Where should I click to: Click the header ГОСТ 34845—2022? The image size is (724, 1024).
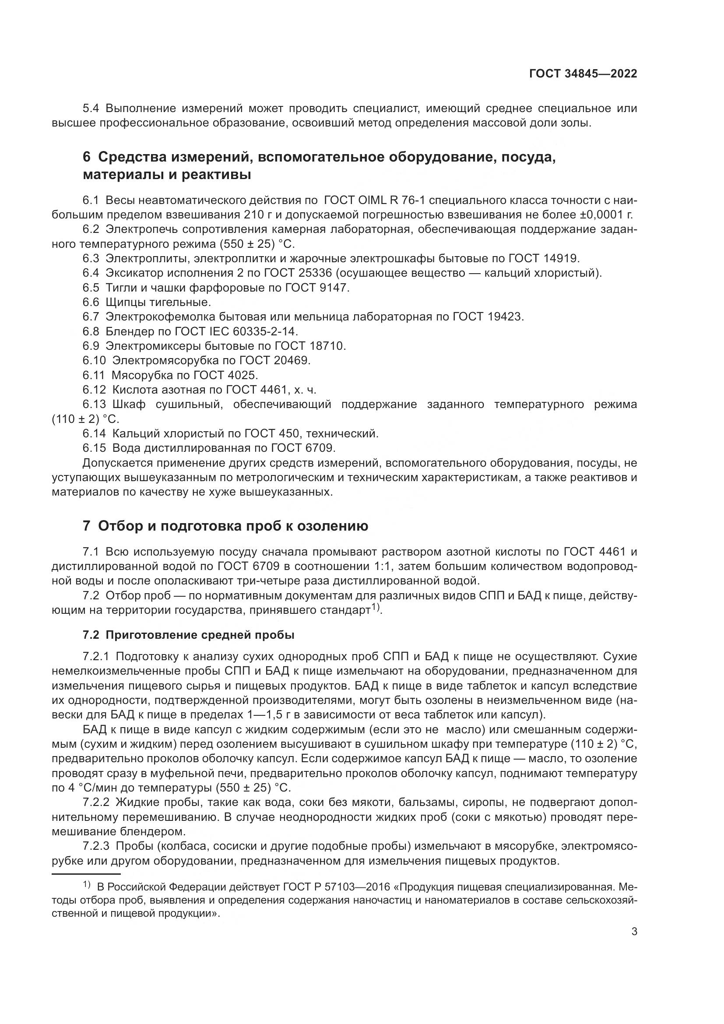tap(583, 74)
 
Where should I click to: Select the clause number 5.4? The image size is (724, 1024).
tap(91, 109)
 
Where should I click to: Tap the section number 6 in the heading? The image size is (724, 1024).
tap(87, 158)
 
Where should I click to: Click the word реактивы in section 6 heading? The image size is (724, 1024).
tap(217, 175)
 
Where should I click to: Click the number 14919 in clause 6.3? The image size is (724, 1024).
tap(560, 258)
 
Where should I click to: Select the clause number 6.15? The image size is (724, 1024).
tap(94, 447)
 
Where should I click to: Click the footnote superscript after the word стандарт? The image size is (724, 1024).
tap(376, 608)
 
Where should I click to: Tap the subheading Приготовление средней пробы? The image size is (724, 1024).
tap(200, 635)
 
